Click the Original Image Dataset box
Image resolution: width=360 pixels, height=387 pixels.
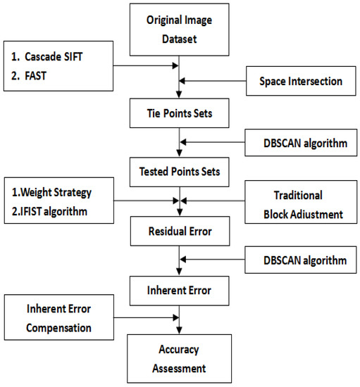(180, 30)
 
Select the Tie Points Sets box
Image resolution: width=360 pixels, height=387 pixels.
(180, 113)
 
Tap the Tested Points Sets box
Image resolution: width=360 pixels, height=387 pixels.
(180, 172)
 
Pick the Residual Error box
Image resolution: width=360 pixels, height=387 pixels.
(180, 231)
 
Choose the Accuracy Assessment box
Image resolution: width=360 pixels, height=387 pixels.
(180, 359)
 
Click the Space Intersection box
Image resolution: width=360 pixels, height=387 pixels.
(301, 81)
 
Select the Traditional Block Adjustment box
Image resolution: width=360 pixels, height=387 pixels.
(301, 202)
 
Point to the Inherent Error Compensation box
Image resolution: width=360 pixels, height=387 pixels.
(59, 317)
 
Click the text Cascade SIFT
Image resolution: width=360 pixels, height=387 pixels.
(54, 57)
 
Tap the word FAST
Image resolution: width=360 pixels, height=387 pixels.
(36, 76)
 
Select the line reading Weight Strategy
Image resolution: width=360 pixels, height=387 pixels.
(56, 193)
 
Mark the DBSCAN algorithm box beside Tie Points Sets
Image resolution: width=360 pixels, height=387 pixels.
(301, 143)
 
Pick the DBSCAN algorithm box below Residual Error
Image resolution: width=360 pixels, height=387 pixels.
(301, 260)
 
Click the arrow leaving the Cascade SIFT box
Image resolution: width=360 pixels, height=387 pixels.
(146, 65)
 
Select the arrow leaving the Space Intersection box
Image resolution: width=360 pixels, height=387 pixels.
(213, 81)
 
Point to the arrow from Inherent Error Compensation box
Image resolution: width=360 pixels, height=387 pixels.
(147, 317)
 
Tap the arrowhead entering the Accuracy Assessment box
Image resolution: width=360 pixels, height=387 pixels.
(180, 331)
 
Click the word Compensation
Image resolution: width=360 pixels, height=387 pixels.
(58, 329)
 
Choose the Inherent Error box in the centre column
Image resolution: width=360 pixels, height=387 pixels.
(180, 291)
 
